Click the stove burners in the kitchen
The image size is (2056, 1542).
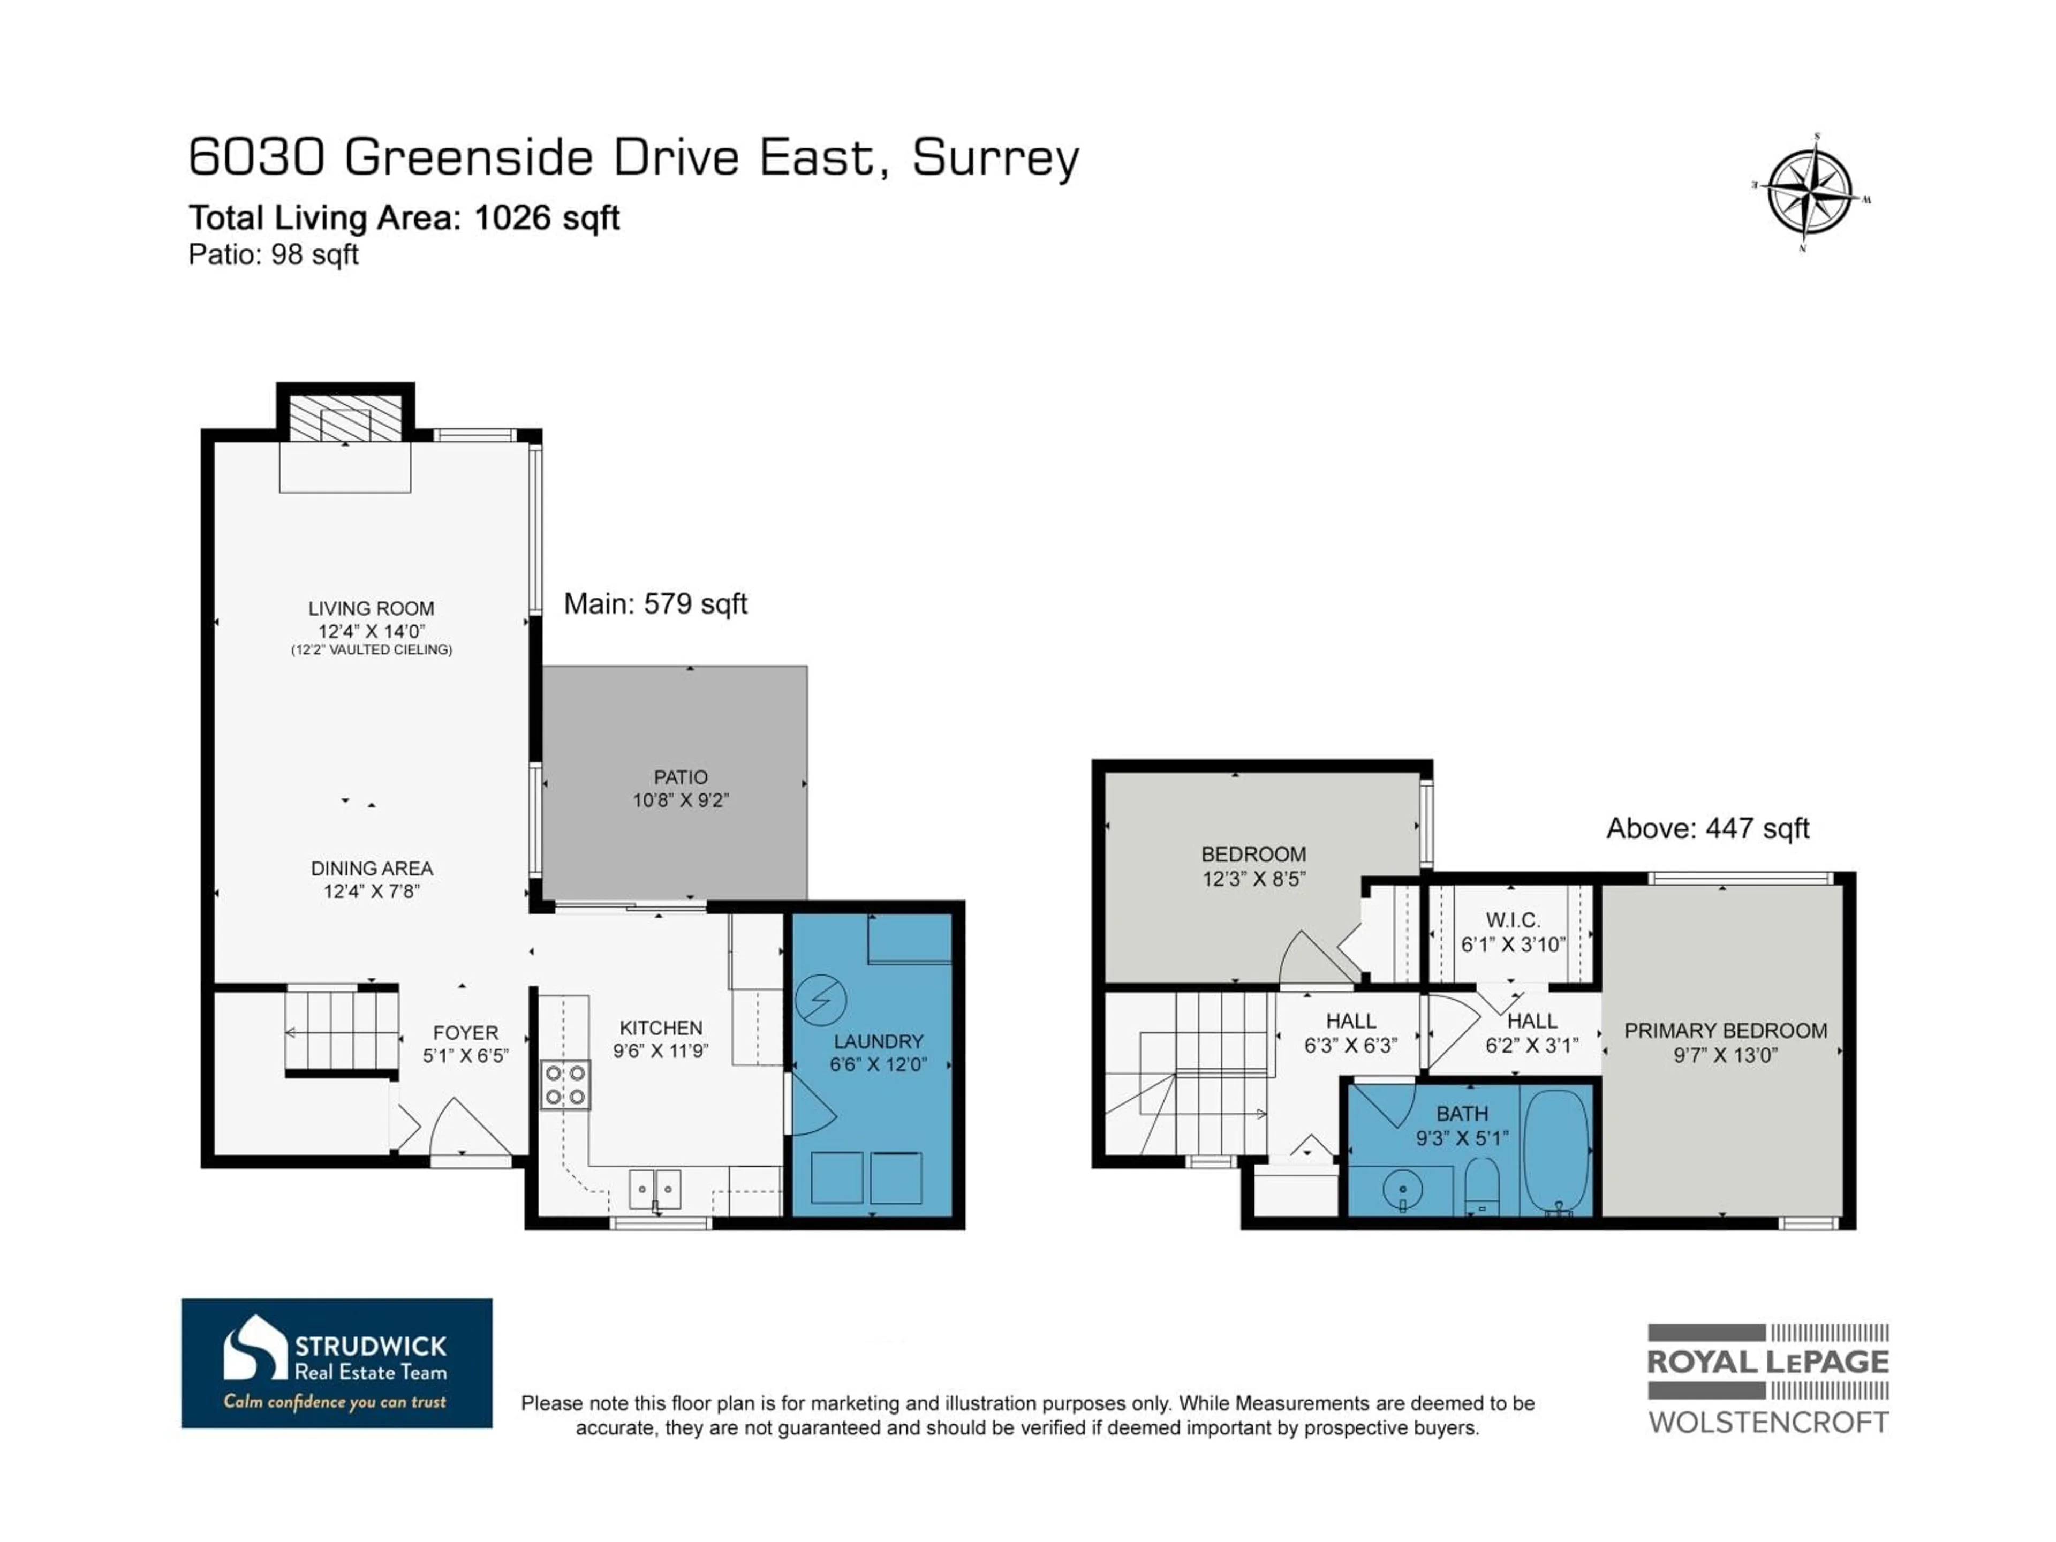pos(565,1085)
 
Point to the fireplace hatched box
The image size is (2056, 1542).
pos(345,418)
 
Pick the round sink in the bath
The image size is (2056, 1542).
pos(1403,1189)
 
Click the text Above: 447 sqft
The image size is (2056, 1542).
pos(1707,828)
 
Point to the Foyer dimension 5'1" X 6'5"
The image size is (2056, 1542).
pos(466,1056)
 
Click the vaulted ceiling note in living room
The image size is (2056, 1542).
pos(371,649)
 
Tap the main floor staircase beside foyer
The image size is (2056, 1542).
pos(341,1032)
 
